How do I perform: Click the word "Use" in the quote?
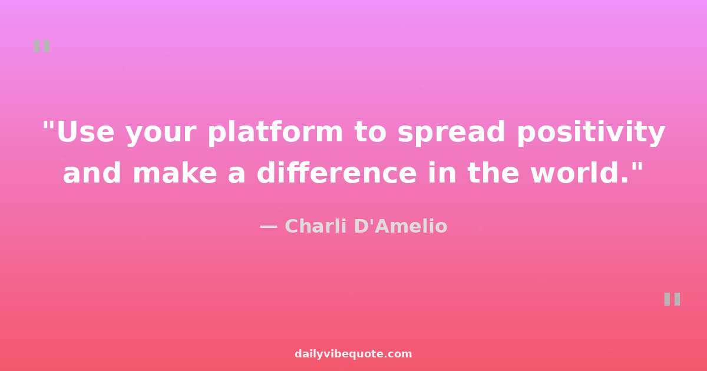(x=85, y=131)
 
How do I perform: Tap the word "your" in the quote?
(x=161, y=135)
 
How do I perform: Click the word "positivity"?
(x=591, y=132)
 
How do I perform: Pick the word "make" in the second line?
(x=175, y=173)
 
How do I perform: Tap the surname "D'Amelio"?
(x=401, y=226)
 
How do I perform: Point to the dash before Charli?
(x=268, y=227)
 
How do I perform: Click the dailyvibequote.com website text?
(x=353, y=354)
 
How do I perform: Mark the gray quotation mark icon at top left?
(x=42, y=46)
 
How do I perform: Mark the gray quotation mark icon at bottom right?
(x=672, y=299)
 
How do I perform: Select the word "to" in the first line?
(x=371, y=132)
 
